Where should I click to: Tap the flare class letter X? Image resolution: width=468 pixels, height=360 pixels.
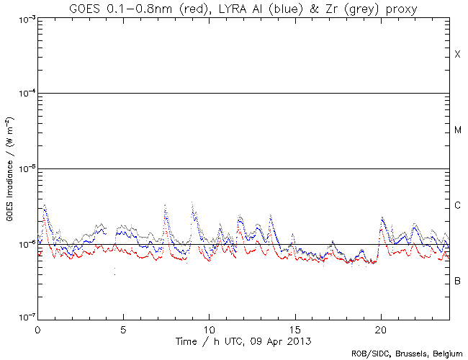457,55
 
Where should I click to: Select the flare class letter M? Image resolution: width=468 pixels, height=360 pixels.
457,130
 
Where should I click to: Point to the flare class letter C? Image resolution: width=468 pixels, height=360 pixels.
457,206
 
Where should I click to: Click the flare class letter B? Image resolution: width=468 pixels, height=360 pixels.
457,280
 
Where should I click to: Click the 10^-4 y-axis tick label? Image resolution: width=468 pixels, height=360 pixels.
21,94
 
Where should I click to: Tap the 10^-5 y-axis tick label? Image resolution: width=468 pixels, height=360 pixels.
21,169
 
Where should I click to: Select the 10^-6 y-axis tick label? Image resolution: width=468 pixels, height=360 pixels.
21,245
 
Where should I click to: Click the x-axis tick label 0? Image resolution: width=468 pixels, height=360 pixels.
37,328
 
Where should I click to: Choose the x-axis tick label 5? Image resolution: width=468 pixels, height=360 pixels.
123,328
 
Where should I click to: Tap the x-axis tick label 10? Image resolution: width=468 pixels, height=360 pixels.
209,328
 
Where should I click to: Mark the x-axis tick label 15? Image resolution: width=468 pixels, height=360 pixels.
295,328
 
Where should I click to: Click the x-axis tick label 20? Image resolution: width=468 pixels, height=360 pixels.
381,328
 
